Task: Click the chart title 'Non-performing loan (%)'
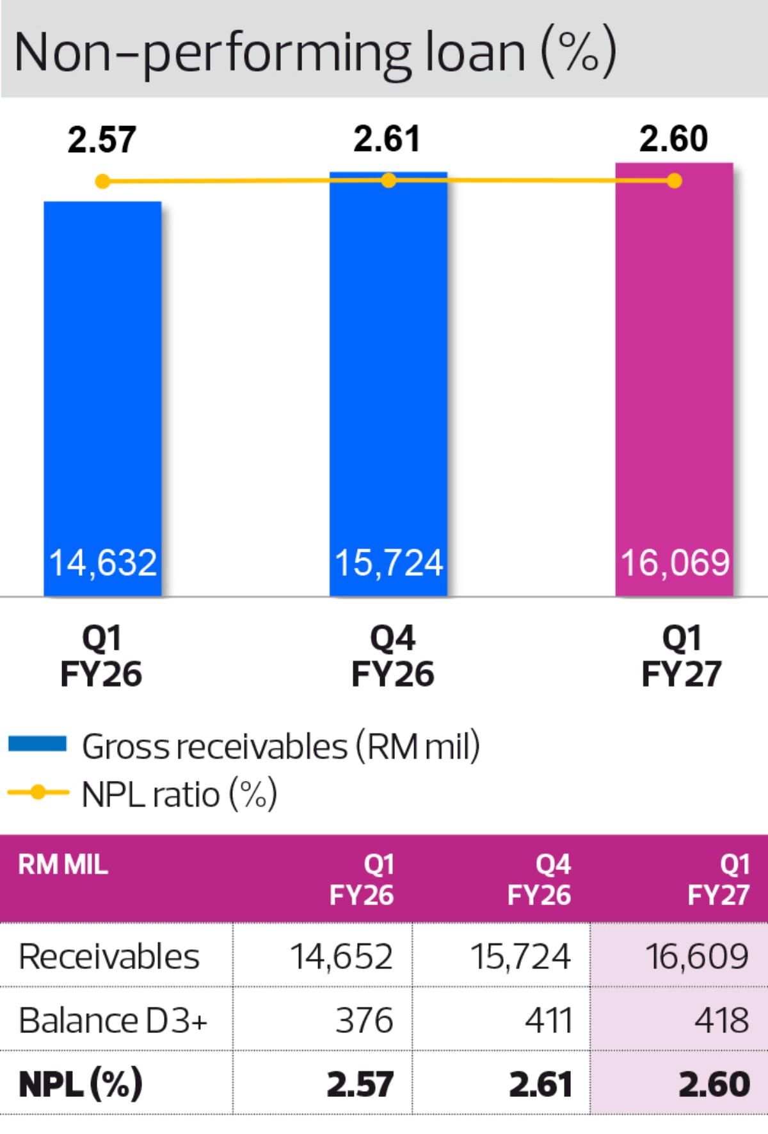click(x=315, y=52)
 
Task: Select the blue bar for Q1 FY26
click(x=102, y=398)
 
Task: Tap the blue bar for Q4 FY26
click(x=388, y=384)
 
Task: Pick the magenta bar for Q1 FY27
click(x=674, y=379)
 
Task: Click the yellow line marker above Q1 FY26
click(x=102, y=182)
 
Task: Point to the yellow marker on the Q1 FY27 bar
click(x=674, y=181)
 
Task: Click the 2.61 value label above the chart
click(x=387, y=139)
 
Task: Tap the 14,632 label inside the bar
click(x=102, y=563)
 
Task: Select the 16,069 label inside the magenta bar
click(x=675, y=563)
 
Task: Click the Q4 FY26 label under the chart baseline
click(x=393, y=656)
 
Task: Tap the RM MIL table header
click(x=63, y=865)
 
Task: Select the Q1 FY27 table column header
click(x=719, y=879)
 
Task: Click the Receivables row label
click(x=109, y=957)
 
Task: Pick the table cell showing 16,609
click(x=697, y=957)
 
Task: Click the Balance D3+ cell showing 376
click(x=364, y=1020)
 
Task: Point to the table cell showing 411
click(x=548, y=1020)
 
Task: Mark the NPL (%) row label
click(x=81, y=1084)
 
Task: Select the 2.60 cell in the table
click(x=714, y=1085)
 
